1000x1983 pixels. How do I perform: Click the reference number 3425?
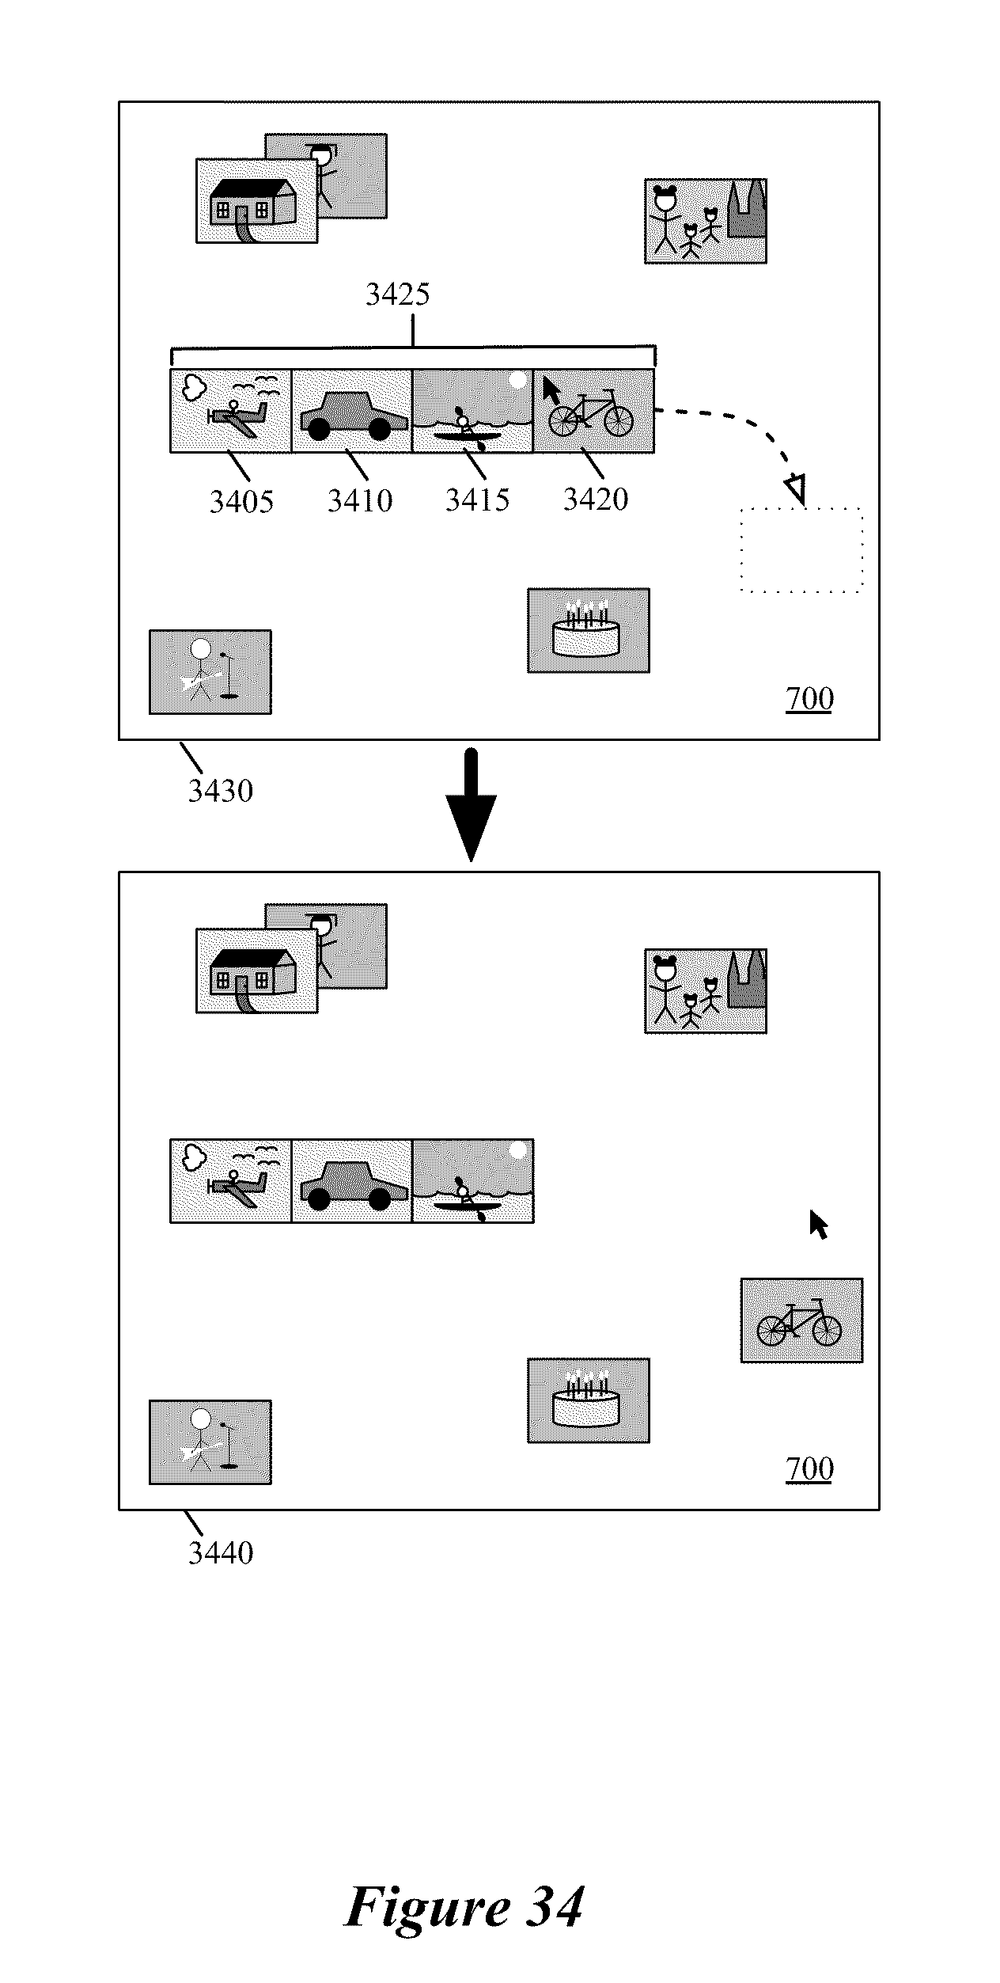(397, 294)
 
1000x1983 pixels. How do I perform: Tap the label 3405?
(241, 501)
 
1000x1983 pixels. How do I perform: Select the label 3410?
(360, 500)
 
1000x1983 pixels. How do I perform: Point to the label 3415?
(477, 500)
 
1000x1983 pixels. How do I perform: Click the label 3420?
(596, 499)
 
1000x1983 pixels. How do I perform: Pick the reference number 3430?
(220, 790)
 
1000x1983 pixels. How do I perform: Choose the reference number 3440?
(220, 1552)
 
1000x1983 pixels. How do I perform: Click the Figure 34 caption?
(464, 1906)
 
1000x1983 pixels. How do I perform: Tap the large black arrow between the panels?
(471, 804)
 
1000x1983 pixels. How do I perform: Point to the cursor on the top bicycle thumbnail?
(551, 390)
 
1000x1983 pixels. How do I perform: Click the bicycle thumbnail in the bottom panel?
(801, 1320)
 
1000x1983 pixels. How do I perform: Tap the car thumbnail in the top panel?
(352, 411)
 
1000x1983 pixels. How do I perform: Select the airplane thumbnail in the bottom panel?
(231, 1181)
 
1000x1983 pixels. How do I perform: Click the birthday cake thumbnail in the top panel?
(589, 630)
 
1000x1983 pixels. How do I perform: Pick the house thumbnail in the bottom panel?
(257, 971)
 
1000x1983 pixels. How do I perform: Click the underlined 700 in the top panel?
(809, 699)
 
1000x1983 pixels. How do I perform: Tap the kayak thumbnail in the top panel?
(473, 411)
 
